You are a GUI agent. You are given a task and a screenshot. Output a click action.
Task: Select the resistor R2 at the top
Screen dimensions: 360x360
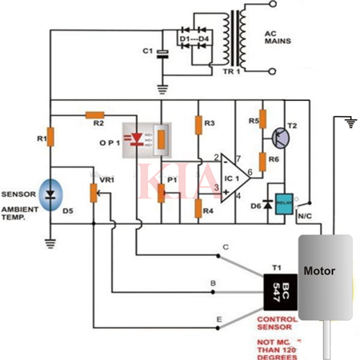(x=95, y=114)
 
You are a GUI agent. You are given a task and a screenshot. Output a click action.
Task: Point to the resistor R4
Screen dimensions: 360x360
(x=198, y=210)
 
